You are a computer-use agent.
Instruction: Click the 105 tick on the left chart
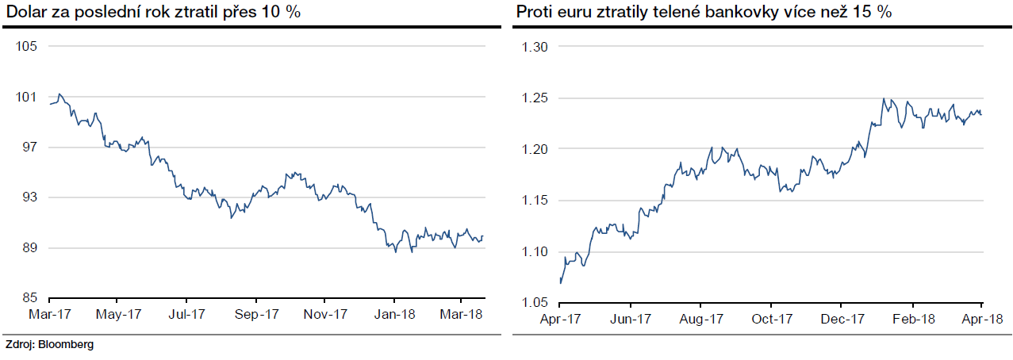click(25, 47)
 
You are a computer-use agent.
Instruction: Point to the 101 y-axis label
click(25, 97)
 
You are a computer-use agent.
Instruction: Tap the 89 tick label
click(28, 248)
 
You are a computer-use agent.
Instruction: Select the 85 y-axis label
click(28, 298)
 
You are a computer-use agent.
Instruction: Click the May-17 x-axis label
click(118, 314)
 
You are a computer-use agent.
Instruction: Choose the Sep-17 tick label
click(257, 314)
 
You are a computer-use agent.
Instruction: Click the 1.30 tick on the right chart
click(536, 47)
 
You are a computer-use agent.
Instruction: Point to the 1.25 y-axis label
click(536, 98)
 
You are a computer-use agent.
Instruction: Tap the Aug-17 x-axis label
click(701, 320)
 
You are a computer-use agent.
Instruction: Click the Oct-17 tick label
click(772, 320)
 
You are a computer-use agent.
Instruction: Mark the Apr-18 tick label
click(982, 320)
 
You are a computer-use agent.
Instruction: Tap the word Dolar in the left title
click(25, 13)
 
